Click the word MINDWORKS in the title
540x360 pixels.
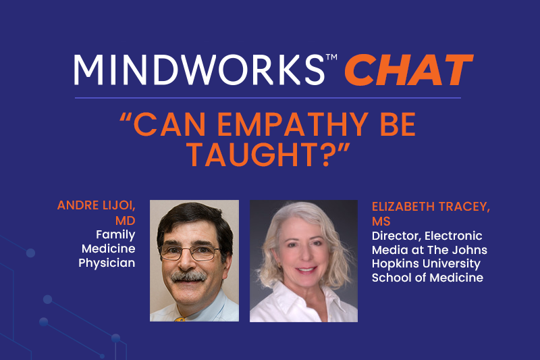(x=199, y=70)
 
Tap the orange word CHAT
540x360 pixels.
(x=409, y=70)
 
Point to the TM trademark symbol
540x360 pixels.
(x=331, y=57)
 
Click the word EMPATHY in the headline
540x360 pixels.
(x=293, y=124)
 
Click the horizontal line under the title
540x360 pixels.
(x=268, y=98)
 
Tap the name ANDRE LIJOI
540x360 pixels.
(x=96, y=205)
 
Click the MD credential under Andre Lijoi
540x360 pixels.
(x=126, y=220)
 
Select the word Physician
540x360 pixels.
(x=107, y=263)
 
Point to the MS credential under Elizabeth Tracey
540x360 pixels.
(x=381, y=221)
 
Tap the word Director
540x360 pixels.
(x=396, y=236)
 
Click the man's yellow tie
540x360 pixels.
(x=180, y=319)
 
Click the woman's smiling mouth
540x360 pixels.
(x=306, y=269)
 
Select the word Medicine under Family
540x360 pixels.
(x=109, y=249)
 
